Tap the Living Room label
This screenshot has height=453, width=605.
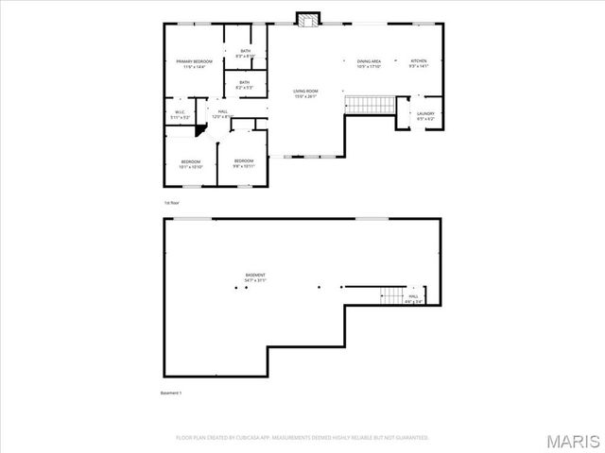(304, 93)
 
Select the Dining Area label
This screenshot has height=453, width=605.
(369, 64)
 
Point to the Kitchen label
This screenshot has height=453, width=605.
(418, 64)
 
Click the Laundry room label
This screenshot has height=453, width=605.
(425, 116)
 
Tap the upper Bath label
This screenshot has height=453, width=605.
(246, 54)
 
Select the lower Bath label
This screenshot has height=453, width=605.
(245, 85)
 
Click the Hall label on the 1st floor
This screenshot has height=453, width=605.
(220, 114)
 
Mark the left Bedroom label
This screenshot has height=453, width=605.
(191, 164)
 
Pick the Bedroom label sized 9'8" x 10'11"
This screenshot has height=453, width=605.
(244, 162)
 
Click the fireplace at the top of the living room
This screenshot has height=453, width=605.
(307, 20)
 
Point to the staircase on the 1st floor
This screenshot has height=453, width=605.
(369, 104)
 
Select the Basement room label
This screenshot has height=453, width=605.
(255, 277)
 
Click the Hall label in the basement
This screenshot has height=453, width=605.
(413, 298)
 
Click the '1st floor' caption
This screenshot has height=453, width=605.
(171, 202)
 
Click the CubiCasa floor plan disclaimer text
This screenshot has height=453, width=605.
(302, 438)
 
